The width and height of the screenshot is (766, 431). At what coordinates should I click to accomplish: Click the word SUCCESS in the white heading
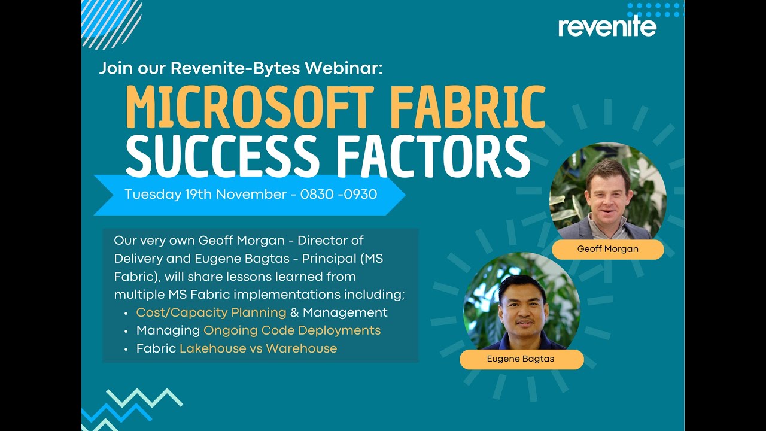(222, 156)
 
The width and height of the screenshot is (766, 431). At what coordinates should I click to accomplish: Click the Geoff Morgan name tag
(607, 250)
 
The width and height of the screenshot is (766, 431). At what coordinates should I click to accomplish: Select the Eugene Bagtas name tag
(521, 359)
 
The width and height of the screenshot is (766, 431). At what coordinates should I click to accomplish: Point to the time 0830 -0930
(339, 195)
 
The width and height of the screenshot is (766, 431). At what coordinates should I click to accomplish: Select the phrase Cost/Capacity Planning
(211, 312)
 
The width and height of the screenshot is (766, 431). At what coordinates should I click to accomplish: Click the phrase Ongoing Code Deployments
(292, 330)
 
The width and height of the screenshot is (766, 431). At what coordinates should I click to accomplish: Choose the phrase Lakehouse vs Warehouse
(258, 348)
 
